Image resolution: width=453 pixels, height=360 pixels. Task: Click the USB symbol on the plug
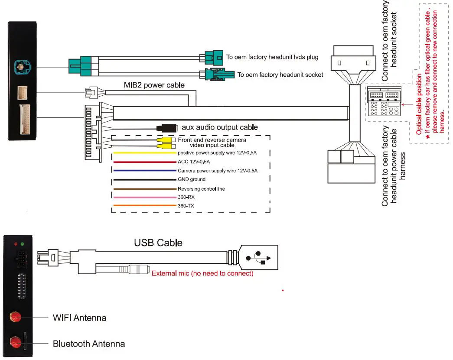[258, 257]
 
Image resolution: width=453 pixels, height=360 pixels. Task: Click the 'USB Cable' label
[158, 243]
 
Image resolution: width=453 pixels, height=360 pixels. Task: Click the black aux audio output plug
[167, 128]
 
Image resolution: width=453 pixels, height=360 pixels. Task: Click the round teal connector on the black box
[20, 67]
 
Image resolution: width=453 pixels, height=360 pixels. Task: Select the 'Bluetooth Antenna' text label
[89, 344]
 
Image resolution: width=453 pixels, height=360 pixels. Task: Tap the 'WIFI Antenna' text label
[79, 318]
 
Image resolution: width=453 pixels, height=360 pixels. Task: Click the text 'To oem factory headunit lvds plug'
[272, 57]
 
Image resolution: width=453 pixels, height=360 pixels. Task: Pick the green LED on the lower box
[22, 244]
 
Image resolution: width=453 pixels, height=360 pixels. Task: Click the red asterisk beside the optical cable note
[427, 137]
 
